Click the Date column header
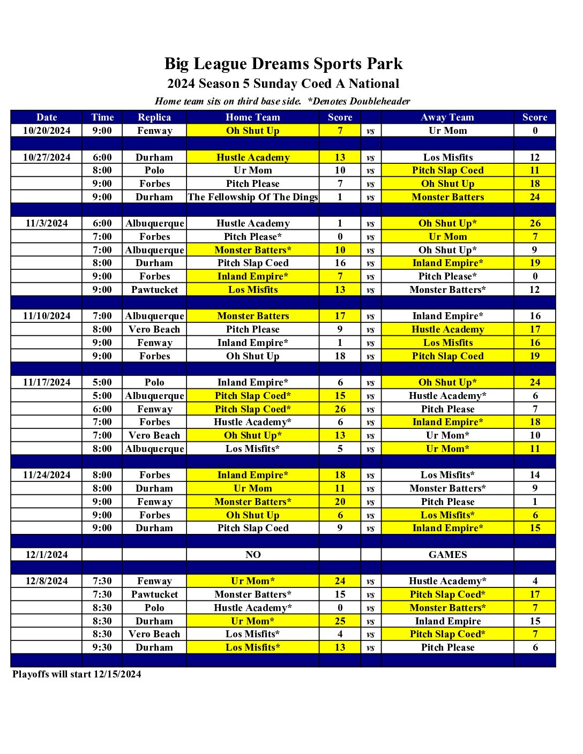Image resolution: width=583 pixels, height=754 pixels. (47, 117)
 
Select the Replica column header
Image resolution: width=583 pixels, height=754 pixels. (154, 117)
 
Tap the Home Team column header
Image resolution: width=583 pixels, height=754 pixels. (252, 117)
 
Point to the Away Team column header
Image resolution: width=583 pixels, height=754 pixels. (447, 117)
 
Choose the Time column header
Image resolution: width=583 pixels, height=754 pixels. (102, 117)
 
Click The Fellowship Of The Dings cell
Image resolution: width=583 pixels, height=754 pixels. (252, 197)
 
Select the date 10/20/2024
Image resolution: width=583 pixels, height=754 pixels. (47, 131)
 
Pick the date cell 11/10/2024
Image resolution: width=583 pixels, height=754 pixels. (47, 316)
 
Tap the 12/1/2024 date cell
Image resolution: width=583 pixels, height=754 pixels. (47, 555)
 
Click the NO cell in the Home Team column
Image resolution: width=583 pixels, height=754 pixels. (253, 555)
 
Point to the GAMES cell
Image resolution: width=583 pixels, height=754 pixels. (447, 555)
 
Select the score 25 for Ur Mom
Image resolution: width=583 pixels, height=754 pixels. (340, 621)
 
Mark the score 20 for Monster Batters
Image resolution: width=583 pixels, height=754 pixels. (340, 502)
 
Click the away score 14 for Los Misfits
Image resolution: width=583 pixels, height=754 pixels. (535, 475)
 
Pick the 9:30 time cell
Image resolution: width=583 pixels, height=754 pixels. (102, 647)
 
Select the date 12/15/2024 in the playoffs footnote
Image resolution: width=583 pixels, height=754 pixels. (117, 674)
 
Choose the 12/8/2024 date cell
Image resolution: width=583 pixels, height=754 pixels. (47, 581)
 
